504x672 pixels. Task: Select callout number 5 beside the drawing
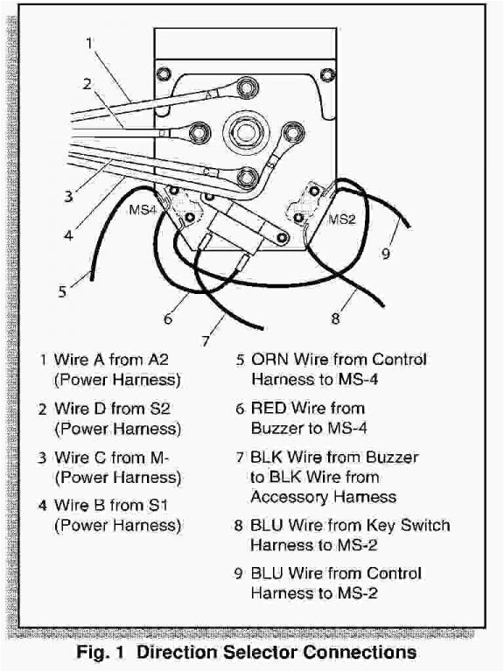62,292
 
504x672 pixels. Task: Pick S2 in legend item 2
165,409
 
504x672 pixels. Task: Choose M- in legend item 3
165,458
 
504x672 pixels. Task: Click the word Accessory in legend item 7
288,497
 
